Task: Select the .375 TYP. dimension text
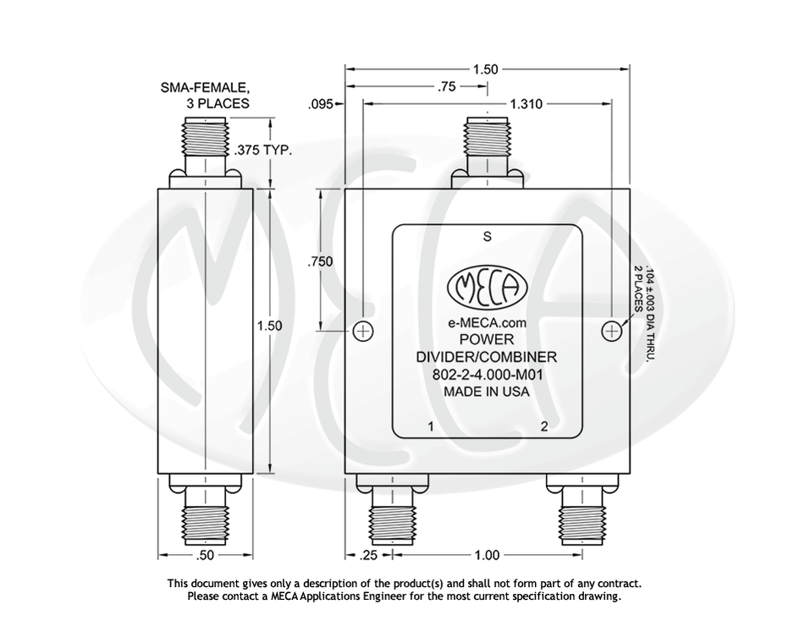[263, 151]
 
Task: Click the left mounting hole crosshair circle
[363, 331]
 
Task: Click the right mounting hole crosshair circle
[611, 331]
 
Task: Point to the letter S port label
[487, 238]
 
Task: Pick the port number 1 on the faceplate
[431, 426]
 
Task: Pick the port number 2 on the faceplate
[544, 426]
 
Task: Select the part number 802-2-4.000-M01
[487, 375]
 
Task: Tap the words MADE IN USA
[487, 392]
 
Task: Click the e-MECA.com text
[487, 323]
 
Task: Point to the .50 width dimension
[205, 556]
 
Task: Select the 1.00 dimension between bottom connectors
[487, 556]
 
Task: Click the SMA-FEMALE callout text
[206, 87]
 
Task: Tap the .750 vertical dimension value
[320, 262]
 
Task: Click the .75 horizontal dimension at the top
[446, 86]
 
